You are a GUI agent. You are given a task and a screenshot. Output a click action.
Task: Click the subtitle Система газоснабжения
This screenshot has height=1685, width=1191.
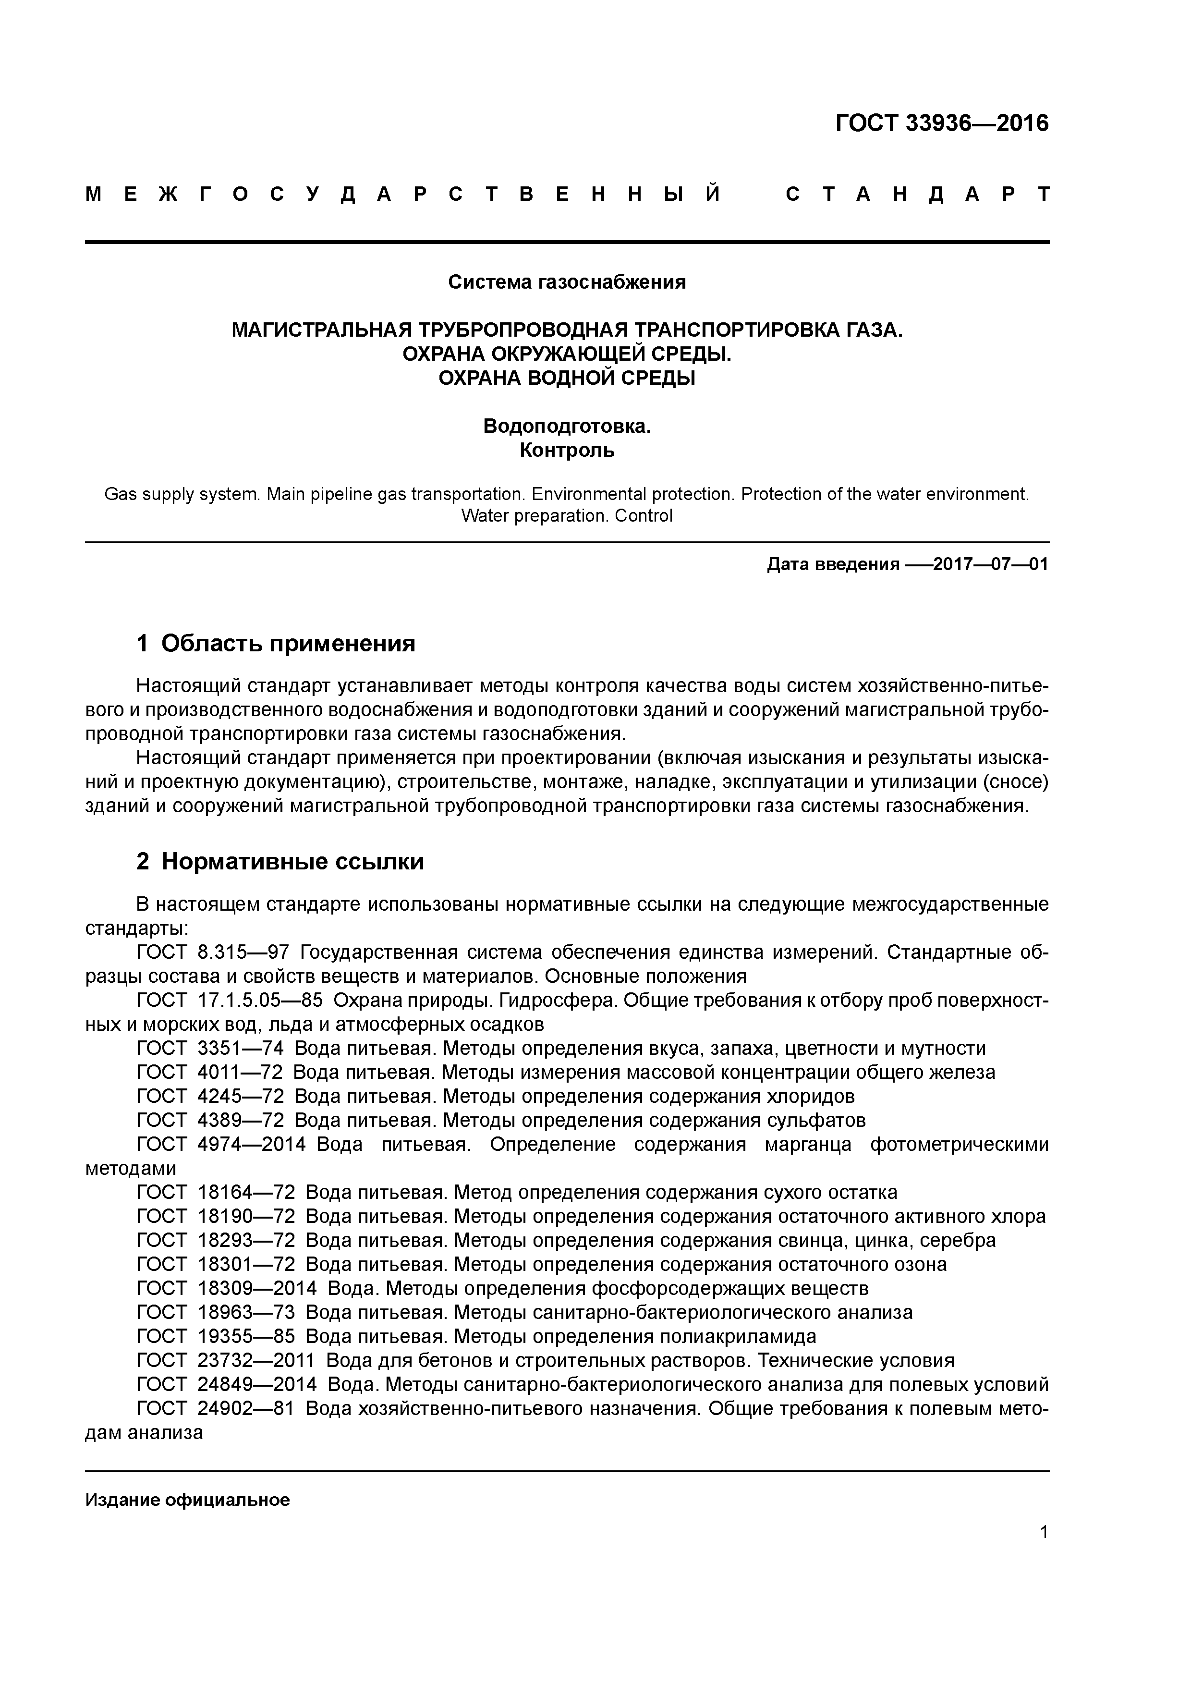[567, 282]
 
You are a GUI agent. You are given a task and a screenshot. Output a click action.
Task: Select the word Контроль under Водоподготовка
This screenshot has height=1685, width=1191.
[567, 450]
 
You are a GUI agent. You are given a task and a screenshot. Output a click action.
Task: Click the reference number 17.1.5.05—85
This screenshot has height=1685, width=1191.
[260, 1000]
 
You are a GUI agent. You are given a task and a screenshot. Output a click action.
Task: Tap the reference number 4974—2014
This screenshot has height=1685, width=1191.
[251, 1144]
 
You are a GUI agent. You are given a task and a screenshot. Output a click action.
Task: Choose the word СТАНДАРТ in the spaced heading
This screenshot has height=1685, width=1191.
[917, 195]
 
